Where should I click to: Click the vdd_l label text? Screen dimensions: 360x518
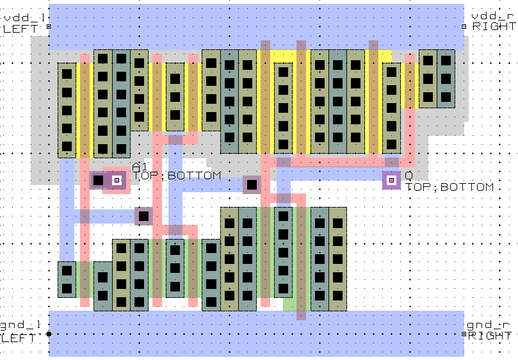(x=24, y=16)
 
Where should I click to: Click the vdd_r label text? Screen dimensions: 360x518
(x=494, y=16)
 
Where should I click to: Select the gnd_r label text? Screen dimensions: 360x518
(x=490, y=325)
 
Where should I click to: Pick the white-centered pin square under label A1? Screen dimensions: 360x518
(x=117, y=181)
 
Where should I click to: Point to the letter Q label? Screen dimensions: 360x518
(x=409, y=175)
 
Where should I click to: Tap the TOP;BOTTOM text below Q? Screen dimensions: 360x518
(x=450, y=187)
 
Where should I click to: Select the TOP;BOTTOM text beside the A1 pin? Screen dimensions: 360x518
(x=177, y=176)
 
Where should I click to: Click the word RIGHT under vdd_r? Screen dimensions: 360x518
(x=494, y=26)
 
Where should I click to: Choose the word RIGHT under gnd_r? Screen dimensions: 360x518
(x=490, y=336)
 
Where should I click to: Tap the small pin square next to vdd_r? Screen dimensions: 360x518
(x=464, y=26)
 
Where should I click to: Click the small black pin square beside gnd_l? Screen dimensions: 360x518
(x=49, y=334)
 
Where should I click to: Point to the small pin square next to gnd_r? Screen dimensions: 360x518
(x=464, y=334)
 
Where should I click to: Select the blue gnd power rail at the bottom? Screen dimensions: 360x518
(x=256, y=334)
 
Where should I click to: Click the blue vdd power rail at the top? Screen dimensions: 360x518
(x=256, y=26)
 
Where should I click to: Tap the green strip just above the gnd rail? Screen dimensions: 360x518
(x=290, y=306)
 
